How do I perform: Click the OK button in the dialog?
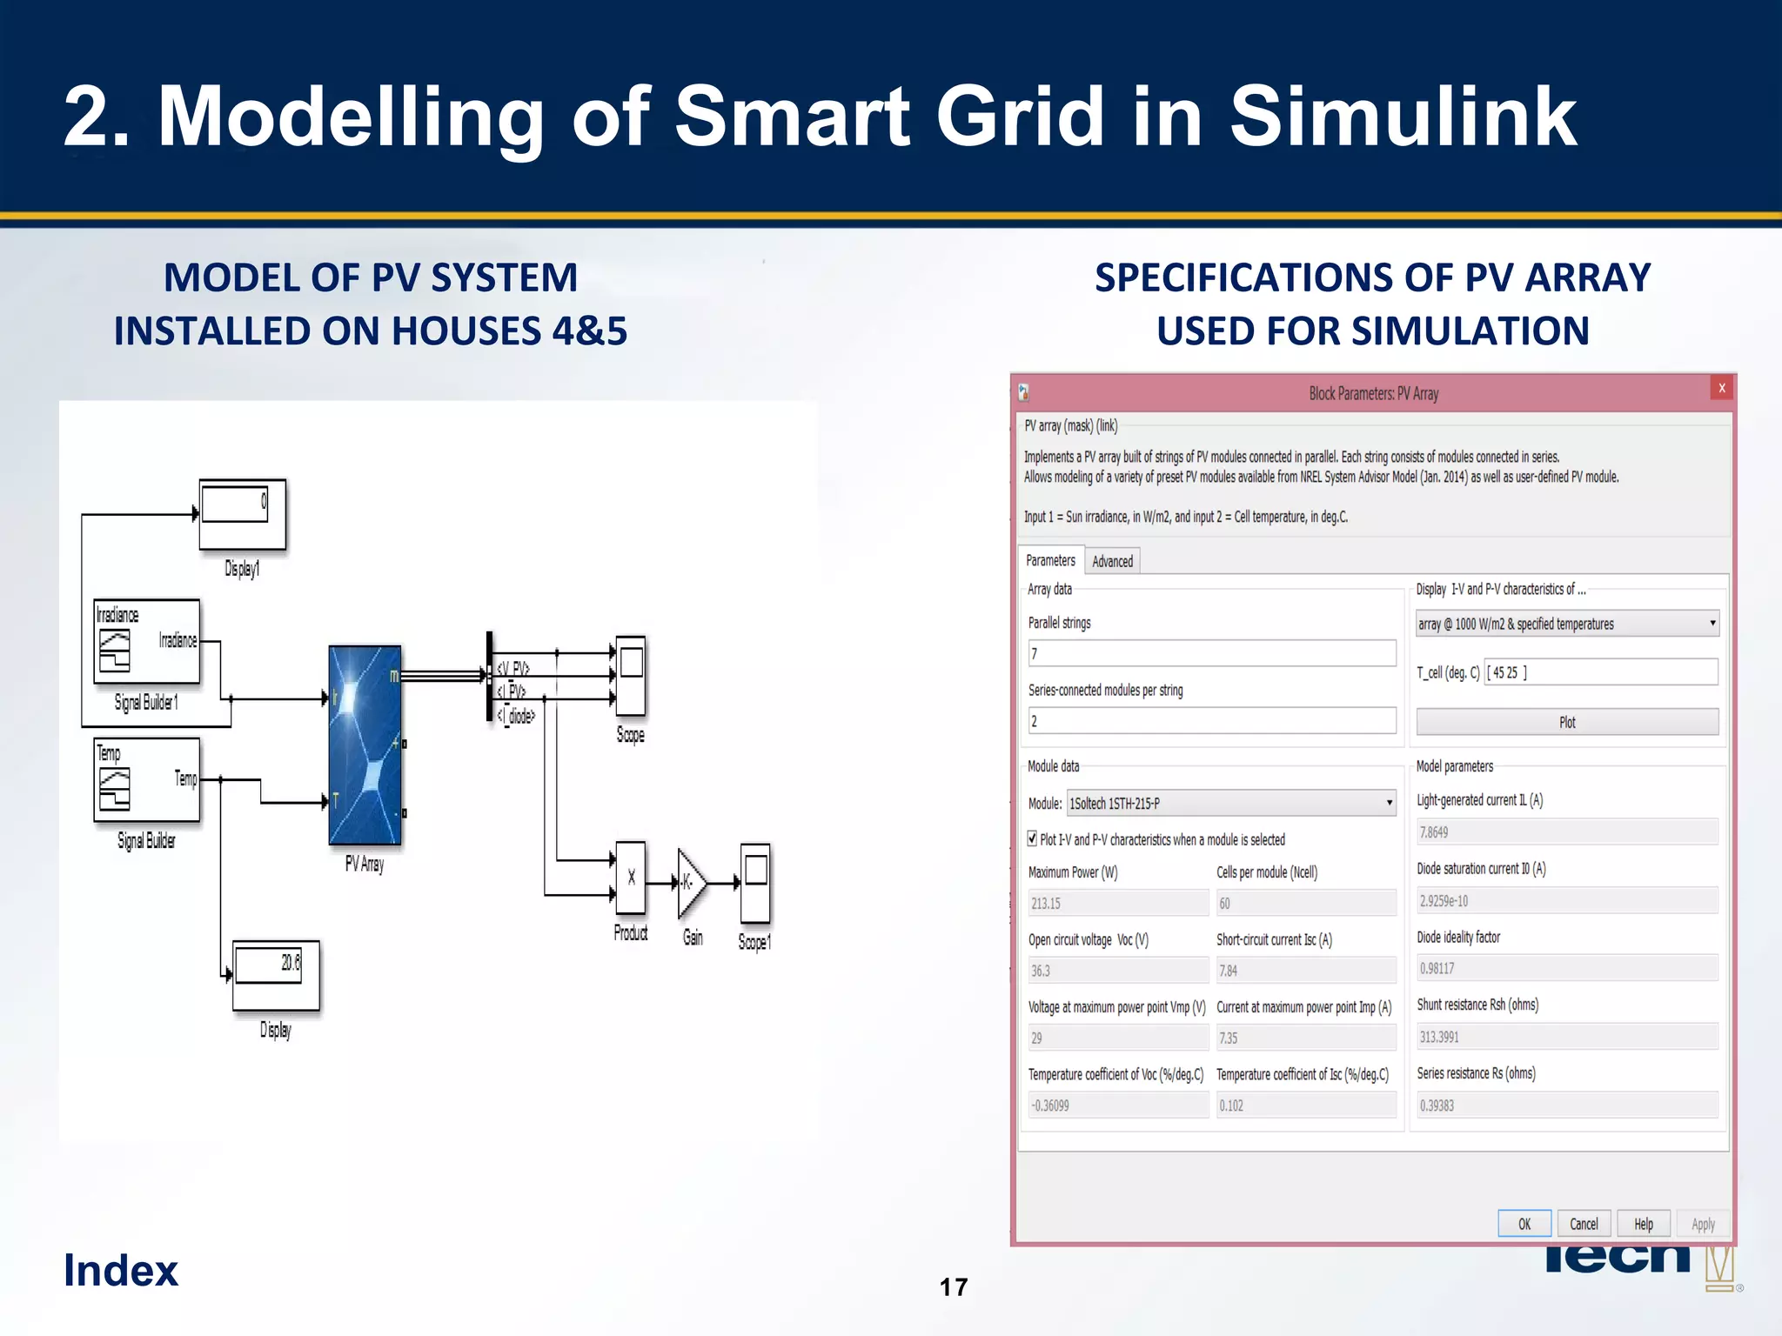point(1524,1223)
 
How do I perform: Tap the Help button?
point(1643,1223)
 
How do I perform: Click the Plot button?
point(1567,722)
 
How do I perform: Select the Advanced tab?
point(1112,561)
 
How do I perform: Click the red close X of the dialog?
point(1721,389)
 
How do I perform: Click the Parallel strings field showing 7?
point(1211,653)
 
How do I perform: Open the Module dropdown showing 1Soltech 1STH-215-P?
point(1231,803)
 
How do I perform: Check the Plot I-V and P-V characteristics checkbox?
point(1032,839)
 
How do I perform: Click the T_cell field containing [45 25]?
point(1600,672)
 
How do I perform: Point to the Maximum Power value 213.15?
point(1118,904)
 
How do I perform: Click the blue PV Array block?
point(365,745)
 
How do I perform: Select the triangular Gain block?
point(690,883)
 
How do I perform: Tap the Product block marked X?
point(631,878)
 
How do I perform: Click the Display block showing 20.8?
point(276,974)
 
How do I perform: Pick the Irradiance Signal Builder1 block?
point(146,641)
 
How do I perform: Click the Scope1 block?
point(755,882)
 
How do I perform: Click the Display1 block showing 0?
point(242,513)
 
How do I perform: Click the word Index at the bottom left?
point(121,1270)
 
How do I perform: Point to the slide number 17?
point(954,1286)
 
